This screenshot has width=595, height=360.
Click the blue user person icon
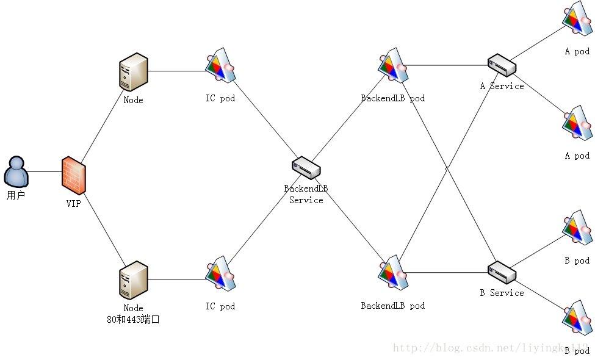pos(16,171)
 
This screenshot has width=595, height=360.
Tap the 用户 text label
pos(16,196)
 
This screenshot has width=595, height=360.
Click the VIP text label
pos(73,204)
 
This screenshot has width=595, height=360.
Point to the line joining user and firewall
pos(45,171)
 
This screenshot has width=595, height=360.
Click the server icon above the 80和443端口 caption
pos(133,280)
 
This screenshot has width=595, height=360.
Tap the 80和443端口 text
pos(133,319)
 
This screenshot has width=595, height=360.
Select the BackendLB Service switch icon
pos(306,167)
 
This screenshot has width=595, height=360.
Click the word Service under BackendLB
pos(306,200)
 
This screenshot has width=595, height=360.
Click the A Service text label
pos(502,86)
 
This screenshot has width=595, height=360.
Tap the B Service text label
pos(502,293)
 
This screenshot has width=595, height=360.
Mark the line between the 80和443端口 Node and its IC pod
pos(177,279)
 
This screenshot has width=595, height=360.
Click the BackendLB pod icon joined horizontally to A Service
pos(393,65)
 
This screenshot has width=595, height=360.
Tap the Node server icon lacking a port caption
pos(133,72)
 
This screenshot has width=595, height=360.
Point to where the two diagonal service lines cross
pos(448,166)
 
